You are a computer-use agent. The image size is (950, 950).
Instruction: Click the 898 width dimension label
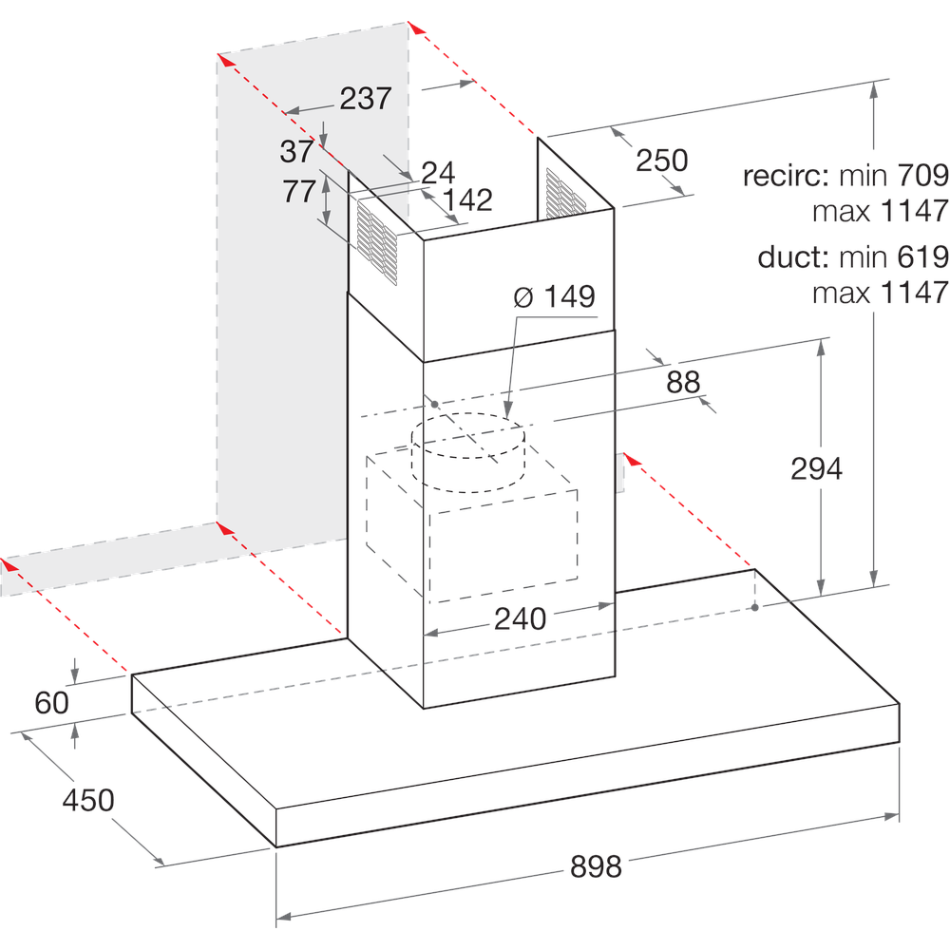click(x=596, y=866)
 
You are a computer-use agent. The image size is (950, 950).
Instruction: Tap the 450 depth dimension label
click(x=88, y=800)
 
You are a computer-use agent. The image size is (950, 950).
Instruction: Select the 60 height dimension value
click(x=52, y=703)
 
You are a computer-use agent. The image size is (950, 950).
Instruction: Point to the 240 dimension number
click(x=521, y=618)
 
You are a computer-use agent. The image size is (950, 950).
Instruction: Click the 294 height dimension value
click(x=817, y=468)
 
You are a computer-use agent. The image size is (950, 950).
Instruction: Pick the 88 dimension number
click(x=683, y=382)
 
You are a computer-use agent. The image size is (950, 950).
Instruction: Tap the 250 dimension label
click(x=661, y=161)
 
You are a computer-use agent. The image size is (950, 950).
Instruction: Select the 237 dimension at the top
click(x=366, y=98)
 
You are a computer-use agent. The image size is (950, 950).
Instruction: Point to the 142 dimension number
click(x=468, y=199)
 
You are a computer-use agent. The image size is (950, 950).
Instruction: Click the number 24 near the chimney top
click(x=438, y=172)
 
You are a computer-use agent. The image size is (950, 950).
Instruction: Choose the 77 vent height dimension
click(x=299, y=192)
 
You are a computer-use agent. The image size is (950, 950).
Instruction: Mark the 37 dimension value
click(x=296, y=150)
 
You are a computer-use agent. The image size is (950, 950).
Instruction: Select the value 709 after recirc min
click(x=922, y=176)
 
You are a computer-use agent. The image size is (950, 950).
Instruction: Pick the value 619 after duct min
click(x=922, y=257)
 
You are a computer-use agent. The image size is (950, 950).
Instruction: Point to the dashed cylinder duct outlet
click(x=468, y=453)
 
